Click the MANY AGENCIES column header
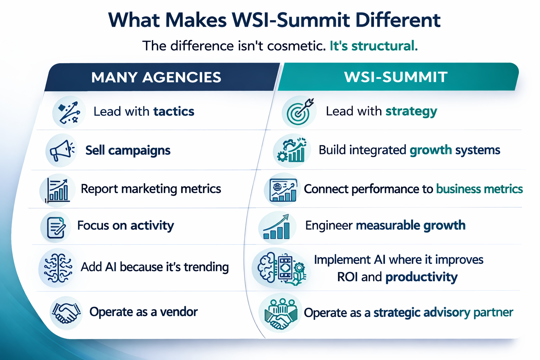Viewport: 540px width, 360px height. (x=156, y=77)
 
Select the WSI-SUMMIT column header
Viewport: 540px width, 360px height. (x=396, y=77)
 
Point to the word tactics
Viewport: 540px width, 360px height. (x=174, y=111)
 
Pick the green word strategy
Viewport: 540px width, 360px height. (x=411, y=111)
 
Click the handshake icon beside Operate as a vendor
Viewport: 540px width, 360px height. (x=66, y=312)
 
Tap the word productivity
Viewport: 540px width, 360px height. (x=422, y=277)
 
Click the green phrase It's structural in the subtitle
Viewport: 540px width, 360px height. (x=373, y=46)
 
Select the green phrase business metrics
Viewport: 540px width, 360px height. (x=480, y=189)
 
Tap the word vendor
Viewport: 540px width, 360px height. (x=179, y=312)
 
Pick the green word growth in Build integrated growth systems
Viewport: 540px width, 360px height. (x=431, y=150)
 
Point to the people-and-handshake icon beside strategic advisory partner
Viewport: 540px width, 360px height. (x=280, y=313)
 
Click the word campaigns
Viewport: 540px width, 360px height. (x=139, y=150)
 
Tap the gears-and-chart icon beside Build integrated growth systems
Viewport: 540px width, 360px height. (x=291, y=150)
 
